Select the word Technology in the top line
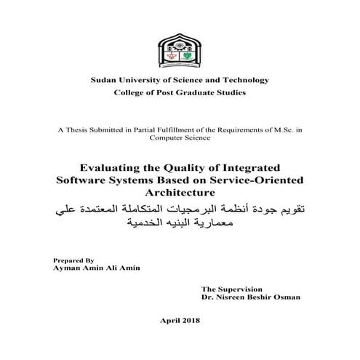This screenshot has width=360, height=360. pos(246,79)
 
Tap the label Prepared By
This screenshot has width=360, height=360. pos(74,259)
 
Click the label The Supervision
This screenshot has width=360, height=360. pos(231,289)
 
